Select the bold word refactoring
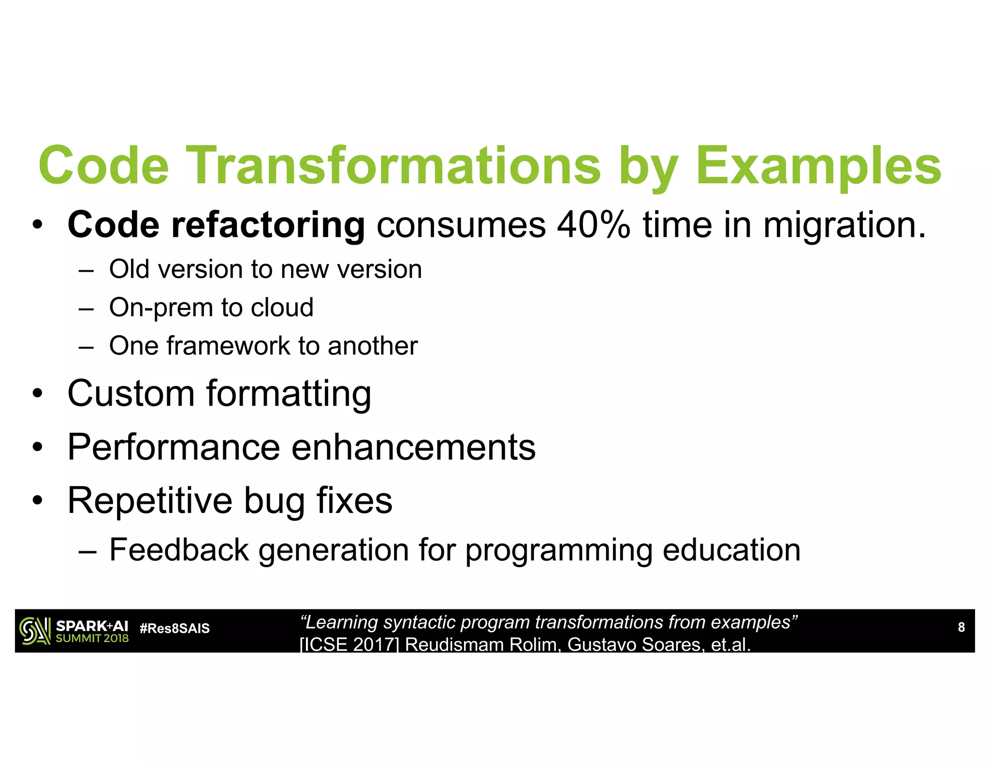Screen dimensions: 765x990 coord(268,225)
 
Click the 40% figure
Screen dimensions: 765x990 coord(593,225)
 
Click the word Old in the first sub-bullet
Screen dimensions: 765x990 coord(129,269)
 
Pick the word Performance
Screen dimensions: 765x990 coord(174,447)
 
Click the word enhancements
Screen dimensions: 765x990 coord(413,447)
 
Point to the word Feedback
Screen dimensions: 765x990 coord(179,550)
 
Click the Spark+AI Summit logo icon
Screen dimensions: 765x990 coord(35,631)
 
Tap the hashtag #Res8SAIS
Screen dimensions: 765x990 coord(175,628)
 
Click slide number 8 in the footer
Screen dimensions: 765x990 coord(961,627)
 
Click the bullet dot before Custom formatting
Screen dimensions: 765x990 coord(38,394)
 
